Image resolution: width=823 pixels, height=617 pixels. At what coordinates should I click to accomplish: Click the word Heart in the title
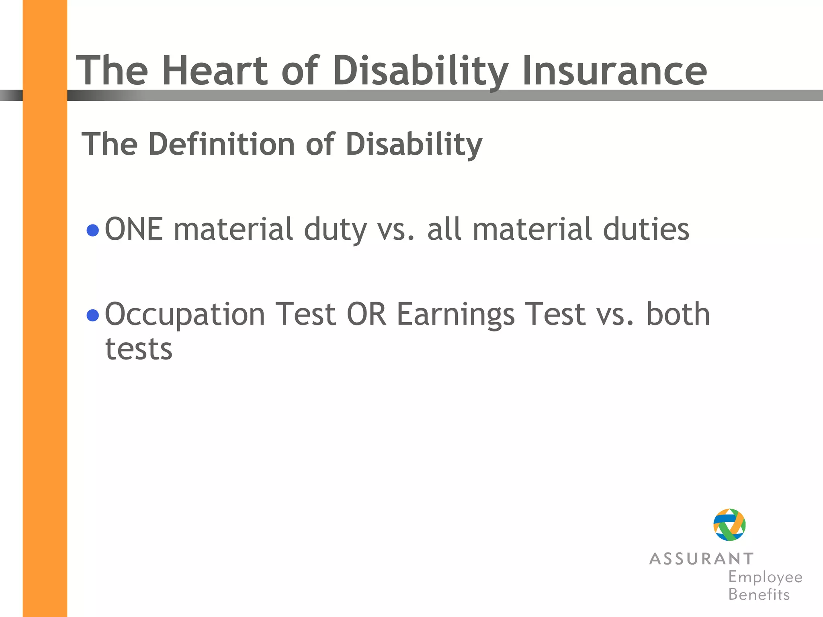[x=215, y=71]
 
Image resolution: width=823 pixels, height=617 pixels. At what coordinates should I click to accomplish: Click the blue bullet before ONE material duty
[x=93, y=231]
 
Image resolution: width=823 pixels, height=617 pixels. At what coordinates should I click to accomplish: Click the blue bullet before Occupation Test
[x=93, y=315]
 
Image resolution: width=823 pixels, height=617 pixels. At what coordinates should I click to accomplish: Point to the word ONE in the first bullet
[x=134, y=229]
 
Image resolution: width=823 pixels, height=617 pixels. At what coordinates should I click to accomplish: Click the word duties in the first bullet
[x=646, y=229]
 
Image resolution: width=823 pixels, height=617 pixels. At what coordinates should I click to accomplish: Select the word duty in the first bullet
[x=335, y=231]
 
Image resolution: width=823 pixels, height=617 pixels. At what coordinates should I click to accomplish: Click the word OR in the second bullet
[x=366, y=314]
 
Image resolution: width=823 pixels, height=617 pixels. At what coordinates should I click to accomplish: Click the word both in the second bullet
[x=678, y=314]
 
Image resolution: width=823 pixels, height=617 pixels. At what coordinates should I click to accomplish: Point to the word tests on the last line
[x=139, y=349]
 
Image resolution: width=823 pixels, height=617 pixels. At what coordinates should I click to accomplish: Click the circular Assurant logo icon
[x=729, y=525]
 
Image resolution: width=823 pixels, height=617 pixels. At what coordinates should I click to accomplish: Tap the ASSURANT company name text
[x=701, y=559]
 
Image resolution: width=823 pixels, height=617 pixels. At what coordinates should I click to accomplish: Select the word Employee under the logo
[x=765, y=577]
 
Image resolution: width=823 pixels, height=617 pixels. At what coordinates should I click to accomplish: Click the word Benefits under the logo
[x=759, y=595]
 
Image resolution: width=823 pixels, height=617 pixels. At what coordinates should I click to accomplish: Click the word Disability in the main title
[x=420, y=71]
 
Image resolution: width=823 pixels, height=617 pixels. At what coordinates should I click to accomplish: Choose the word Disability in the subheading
[x=414, y=144]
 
